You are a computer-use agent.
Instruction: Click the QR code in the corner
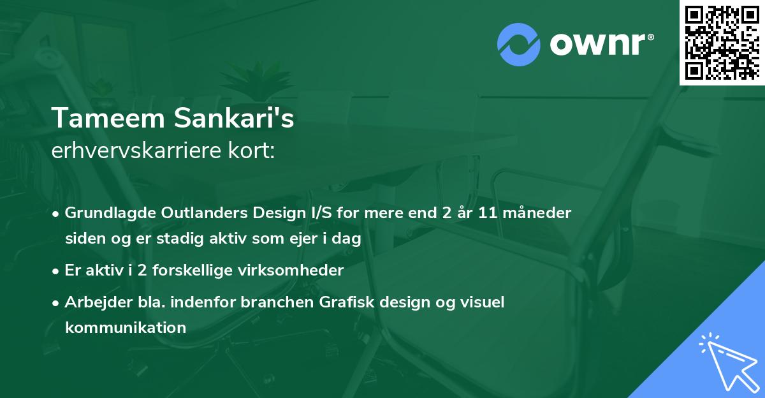722,42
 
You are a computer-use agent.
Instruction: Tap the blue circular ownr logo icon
518,44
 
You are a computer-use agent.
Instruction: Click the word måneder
544,212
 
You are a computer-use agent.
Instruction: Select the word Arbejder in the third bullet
94,302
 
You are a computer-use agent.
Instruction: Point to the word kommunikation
126,328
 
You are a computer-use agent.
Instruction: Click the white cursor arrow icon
725,360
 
